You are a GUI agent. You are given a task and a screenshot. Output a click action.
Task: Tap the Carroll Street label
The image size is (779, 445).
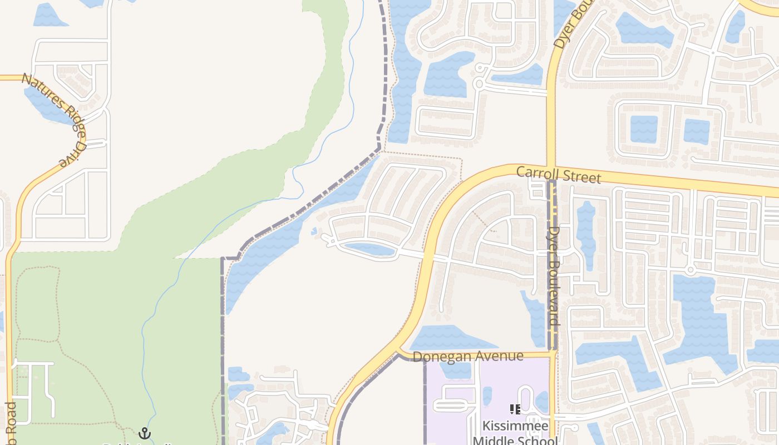[x=558, y=174]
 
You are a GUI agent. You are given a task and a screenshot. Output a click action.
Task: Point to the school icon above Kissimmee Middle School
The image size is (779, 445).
[x=515, y=410]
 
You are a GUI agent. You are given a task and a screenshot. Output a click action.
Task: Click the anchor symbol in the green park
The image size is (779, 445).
[x=145, y=433]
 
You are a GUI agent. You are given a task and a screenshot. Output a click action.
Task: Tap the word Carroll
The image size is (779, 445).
[x=536, y=172]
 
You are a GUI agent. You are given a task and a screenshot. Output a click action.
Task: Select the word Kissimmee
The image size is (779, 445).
[x=507, y=427]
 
